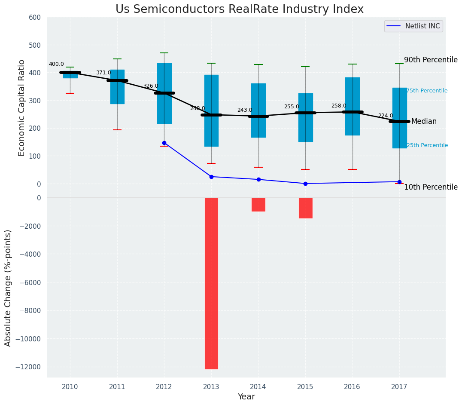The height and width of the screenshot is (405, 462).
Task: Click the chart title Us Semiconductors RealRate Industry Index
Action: tap(239, 9)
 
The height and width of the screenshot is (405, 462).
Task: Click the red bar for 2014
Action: tap(258, 205)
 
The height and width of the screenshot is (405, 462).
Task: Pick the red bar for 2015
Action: tap(305, 208)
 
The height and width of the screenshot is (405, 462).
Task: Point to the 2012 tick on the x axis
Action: tap(164, 387)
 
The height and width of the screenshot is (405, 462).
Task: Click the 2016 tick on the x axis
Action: tap(353, 387)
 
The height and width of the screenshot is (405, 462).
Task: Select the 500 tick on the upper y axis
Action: tap(35, 45)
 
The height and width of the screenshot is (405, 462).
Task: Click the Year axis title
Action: tap(246, 397)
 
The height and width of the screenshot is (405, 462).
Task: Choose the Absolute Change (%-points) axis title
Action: tap(8, 288)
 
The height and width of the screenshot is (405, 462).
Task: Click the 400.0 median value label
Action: tap(56, 64)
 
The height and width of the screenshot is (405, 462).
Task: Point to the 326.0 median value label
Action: tap(150, 86)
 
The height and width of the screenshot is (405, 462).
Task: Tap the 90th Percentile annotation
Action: tap(431, 60)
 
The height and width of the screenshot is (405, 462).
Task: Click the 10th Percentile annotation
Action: tap(431, 187)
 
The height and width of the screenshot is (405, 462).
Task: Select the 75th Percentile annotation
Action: tap(427, 91)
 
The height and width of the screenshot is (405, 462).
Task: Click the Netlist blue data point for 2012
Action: tap(164, 143)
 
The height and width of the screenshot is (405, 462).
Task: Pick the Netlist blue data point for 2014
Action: tap(258, 179)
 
